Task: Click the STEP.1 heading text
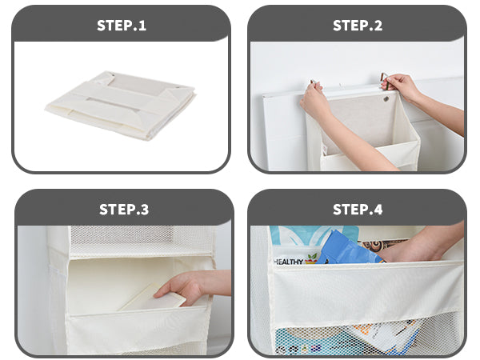(x=122, y=25)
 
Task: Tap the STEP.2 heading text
(x=358, y=25)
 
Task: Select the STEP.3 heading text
(x=123, y=210)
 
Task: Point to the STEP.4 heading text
(x=358, y=210)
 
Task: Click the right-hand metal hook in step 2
(x=384, y=80)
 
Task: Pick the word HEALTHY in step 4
(x=288, y=260)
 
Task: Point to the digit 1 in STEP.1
(x=143, y=25)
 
